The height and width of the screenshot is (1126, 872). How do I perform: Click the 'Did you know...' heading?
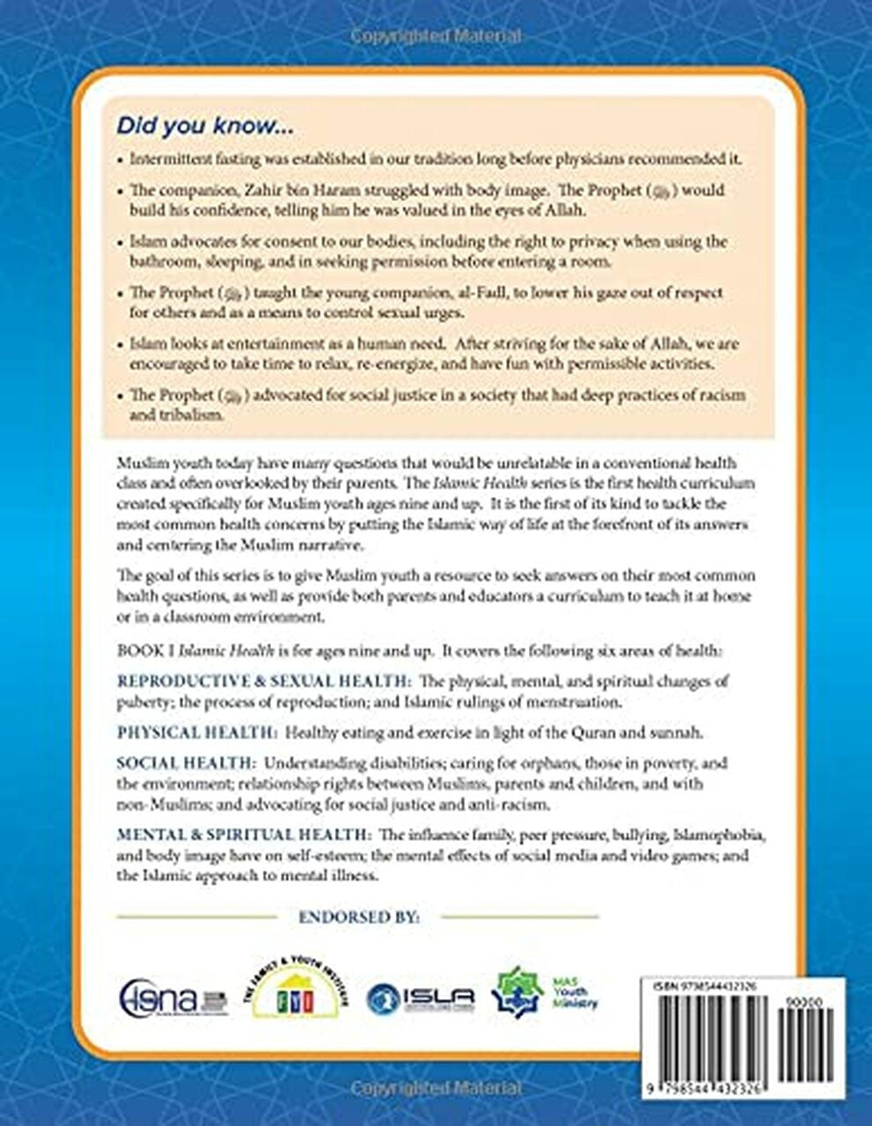coord(205,126)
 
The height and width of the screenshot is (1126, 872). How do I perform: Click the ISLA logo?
coord(421,996)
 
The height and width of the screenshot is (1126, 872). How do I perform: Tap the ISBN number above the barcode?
coord(704,988)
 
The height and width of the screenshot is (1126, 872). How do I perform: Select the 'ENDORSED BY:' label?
coord(359,917)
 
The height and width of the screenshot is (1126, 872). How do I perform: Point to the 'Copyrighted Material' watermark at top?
coord(436,37)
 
